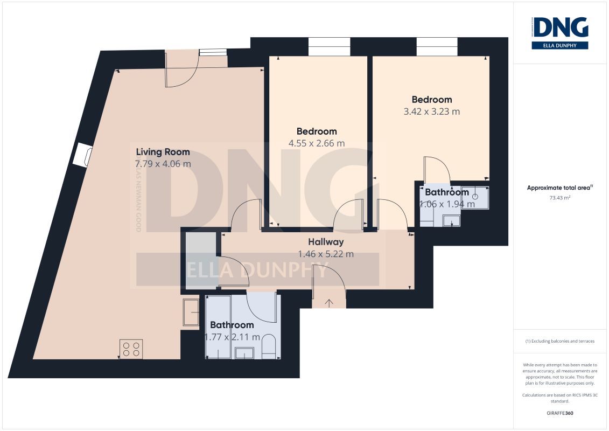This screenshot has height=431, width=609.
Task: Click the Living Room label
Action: [163, 152]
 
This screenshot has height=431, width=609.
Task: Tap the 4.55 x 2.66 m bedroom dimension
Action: [317, 143]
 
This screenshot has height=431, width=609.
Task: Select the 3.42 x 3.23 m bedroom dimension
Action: [432, 112]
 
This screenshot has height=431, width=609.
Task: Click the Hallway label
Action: [326, 242]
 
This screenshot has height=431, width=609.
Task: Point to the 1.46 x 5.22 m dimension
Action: [326, 254]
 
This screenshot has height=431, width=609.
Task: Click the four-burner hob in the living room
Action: [131, 348]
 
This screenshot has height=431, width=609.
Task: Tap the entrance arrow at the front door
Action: [329, 303]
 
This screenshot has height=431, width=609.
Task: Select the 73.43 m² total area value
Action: [560, 198]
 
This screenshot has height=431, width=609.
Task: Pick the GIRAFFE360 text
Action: [560, 413]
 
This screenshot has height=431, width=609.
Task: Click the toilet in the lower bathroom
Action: [270, 346]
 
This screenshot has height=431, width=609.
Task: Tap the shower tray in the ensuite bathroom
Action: [475, 197]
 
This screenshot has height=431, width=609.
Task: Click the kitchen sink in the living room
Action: [191, 312]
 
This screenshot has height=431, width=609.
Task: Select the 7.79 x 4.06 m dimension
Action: [163, 164]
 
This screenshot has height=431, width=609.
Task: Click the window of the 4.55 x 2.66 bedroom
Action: [329, 47]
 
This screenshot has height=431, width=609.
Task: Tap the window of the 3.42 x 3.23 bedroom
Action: [437, 47]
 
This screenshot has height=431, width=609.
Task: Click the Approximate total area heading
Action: [560, 188]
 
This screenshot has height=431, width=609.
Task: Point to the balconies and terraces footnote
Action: [560, 341]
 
